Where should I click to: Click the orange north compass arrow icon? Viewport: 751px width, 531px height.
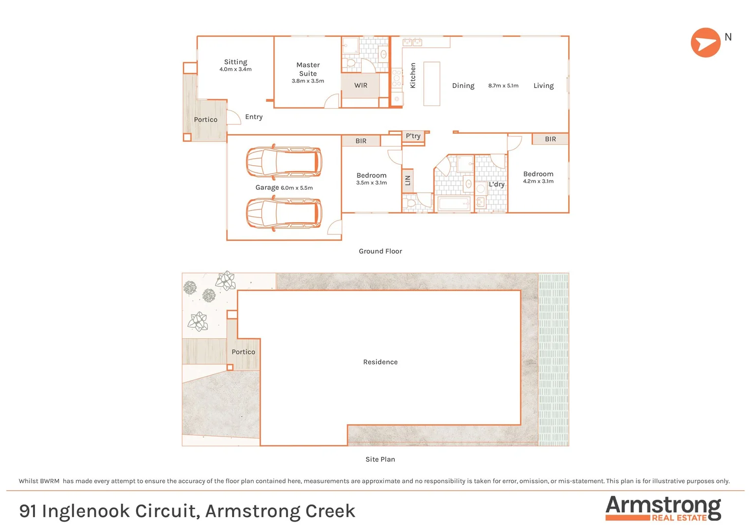click(705, 43)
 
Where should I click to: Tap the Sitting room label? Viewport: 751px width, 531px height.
click(235, 62)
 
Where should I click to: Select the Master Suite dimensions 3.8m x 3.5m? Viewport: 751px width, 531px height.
click(308, 81)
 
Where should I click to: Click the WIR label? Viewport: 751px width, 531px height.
click(361, 86)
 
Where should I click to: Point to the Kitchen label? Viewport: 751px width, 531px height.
click(413, 75)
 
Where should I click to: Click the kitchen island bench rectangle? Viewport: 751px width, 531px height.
click(432, 84)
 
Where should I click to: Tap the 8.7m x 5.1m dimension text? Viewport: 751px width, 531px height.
click(503, 86)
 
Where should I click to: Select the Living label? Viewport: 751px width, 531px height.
click(544, 86)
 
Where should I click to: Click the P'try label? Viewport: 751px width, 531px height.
click(413, 136)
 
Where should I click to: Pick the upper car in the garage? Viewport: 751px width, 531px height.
click(284, 162)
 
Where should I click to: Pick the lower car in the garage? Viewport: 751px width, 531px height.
click(284, 213)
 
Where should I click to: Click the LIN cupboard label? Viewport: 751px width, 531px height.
click(407, 180)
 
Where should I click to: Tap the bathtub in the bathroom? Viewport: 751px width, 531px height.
click(454, 204)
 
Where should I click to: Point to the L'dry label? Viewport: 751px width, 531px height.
click(496, 184)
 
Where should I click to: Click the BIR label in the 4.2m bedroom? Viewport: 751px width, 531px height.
click(550, 139)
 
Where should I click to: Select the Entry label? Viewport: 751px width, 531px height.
click(254, 117)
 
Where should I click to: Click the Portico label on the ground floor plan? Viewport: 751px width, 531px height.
click(205, 119)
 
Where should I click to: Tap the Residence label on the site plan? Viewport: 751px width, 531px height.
click(380, 362)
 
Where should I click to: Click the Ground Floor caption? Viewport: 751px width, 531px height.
click(380, 251)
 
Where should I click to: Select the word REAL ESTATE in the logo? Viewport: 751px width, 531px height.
click(679, 518)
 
